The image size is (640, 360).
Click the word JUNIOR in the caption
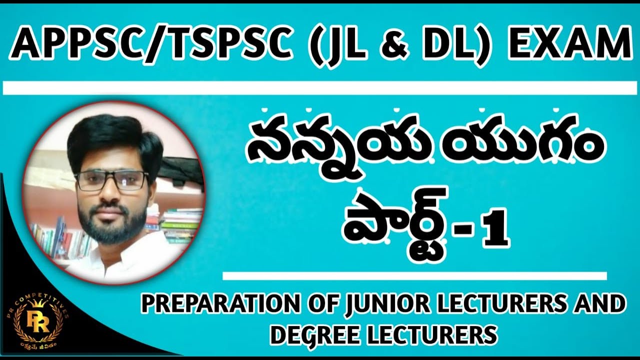click(379, 304)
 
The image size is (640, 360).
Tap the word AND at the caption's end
click(602, 304)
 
